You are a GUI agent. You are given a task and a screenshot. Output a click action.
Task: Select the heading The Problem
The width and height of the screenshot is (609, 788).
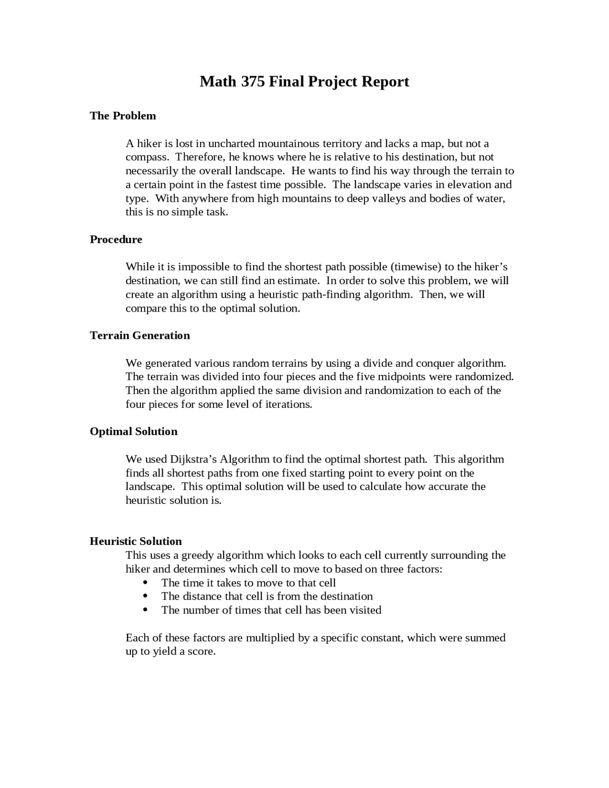(123, 116)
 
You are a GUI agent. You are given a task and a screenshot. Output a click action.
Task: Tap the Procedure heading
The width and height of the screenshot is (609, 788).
(116, 239)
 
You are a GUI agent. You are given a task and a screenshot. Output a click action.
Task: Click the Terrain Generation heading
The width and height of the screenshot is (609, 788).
(140, 335)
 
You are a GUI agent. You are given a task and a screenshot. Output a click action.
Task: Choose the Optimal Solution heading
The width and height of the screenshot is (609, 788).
(134, 432)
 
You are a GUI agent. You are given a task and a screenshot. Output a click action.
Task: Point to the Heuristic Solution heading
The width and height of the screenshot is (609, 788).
(136, 541)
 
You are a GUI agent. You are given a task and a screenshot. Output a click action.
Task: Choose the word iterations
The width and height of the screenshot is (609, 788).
(288, 404)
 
